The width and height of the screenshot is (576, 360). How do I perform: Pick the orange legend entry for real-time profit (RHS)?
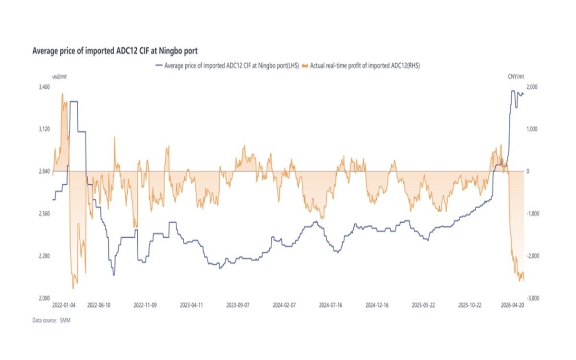pos(364,66)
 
